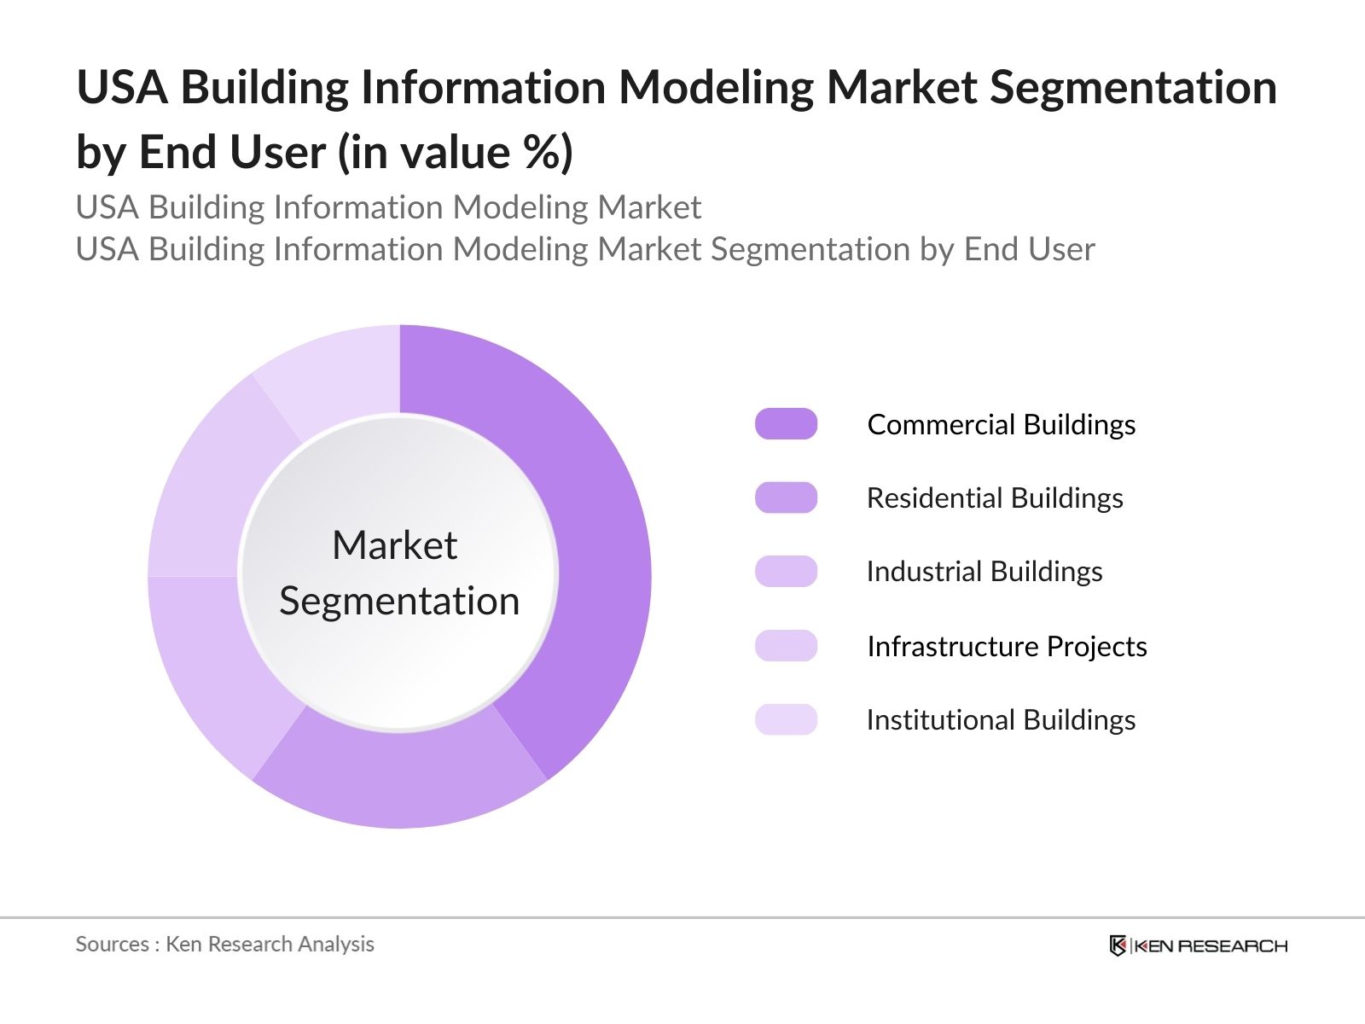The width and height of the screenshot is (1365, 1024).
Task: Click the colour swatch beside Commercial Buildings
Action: (x=786, y=424)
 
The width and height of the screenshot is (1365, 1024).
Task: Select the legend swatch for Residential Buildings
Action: (x=786, y=497)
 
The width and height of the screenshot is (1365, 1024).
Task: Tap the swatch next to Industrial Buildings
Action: (x=786, y=571)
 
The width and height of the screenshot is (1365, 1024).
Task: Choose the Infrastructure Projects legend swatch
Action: (x=786, y=646)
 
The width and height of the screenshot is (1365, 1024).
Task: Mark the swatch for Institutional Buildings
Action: (x=786, y=719)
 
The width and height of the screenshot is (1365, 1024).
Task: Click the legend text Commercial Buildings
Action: (x=1001, y=424)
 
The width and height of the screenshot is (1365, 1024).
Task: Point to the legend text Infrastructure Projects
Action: (x=1007, y=646)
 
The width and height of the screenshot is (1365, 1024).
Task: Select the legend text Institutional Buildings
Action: (x=1001, y=719)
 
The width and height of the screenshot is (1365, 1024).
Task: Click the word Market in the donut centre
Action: (x=394, y=545)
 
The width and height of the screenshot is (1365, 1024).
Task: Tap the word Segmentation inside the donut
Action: (x=399, y=601)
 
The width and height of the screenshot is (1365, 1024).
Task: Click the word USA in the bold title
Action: (x=122, y=87)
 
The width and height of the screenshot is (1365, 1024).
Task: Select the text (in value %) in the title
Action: (x=456, y=153)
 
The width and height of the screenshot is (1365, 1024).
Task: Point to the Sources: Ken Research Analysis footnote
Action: (x=224, y=944)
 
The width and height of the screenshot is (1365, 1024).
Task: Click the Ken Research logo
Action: (x=1198, y=945)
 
